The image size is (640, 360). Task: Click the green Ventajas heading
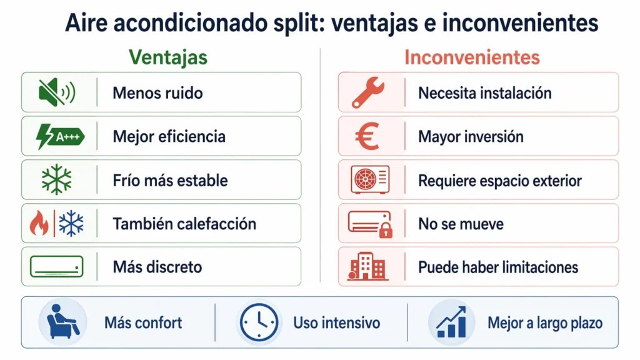click(167, 57)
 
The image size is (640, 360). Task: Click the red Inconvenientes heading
click(472, 57)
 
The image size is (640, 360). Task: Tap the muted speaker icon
click(56, 92)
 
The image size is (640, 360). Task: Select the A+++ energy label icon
click(60, 136)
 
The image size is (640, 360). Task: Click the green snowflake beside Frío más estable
click(56, 180)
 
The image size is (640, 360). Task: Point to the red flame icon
click(39, 224)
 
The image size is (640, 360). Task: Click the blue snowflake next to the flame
click(71, 224)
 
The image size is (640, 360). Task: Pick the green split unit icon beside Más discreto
click(56, 267)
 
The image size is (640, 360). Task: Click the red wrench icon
click(369, 92)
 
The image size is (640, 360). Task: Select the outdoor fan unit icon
click(369, 180)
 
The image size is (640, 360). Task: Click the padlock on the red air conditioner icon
click(386, 231)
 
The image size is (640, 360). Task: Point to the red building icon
click(367, 267)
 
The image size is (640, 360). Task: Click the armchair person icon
click(62, 322)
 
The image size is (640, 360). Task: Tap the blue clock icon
click(257, 322)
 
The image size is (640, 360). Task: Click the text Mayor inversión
click(471, 137)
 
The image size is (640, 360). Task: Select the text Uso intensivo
click(336, 323)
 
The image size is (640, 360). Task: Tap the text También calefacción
click(184, 224)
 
